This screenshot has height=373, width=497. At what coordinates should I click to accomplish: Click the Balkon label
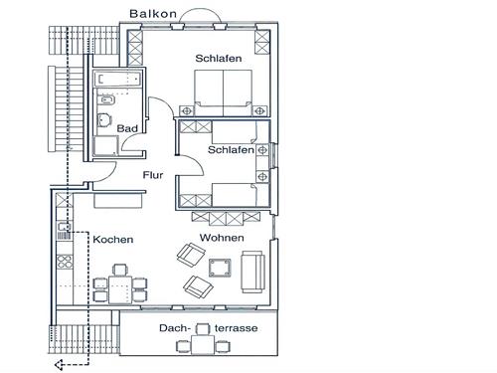tap(153, 14)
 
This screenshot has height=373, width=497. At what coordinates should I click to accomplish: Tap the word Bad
tap(127, 128)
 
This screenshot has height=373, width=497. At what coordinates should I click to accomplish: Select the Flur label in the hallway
tap(153, 175)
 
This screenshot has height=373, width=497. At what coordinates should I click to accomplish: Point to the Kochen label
tap(113, 240)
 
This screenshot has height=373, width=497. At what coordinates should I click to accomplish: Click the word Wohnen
tap(222, 238)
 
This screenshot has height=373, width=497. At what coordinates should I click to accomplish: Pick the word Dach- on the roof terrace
tap(175, 328)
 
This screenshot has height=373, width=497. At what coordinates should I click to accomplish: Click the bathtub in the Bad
tap(117, 80)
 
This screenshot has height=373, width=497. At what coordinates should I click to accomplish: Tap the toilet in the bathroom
tap(104, 119)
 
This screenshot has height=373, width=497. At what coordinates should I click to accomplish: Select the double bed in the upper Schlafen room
tap(223, 93)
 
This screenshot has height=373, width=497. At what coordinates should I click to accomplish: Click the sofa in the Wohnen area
tap(252, 272)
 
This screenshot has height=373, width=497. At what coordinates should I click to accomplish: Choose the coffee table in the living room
tap(220, 268)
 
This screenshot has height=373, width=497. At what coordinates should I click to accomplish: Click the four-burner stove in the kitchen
tap(65, 262)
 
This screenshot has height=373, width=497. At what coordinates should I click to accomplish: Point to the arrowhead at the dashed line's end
tap(59, 365)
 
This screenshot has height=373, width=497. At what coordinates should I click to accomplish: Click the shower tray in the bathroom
tap(105, 146)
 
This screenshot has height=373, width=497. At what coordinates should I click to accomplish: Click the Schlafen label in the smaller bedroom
tap(231, 150)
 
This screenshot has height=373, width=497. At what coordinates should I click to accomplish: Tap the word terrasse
tap(236, 328)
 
